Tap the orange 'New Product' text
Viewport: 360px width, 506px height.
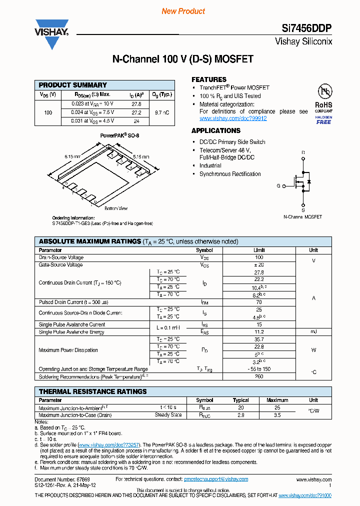183,11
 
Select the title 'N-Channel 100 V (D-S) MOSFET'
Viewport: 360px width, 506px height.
182,59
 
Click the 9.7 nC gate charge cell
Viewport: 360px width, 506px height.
161,112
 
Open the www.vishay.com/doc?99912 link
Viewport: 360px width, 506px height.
233,118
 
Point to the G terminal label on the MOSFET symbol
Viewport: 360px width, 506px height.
278,185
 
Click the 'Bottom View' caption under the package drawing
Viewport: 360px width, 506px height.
115,208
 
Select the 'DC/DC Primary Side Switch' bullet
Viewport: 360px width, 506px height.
232,142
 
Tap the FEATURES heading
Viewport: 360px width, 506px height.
209,79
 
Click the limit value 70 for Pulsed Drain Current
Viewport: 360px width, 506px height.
259,302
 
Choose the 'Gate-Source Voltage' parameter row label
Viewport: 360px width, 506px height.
60,264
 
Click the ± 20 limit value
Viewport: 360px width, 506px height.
259,264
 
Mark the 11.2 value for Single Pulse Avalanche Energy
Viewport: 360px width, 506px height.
259,331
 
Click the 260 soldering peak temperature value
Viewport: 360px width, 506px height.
259,376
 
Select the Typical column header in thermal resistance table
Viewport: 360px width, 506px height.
240,400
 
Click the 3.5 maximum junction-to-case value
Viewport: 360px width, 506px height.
277,415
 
